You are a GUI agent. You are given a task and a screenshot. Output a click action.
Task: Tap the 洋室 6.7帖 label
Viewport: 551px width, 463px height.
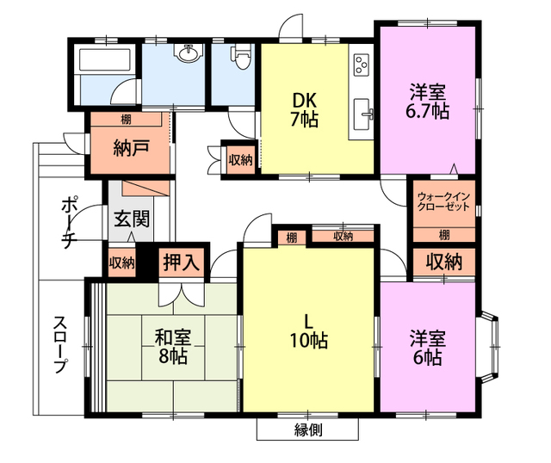(427, 101)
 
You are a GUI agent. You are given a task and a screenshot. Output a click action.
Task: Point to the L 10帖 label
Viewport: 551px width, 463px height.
(308, 331)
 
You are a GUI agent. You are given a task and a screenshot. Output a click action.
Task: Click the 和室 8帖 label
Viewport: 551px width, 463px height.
(172, 346)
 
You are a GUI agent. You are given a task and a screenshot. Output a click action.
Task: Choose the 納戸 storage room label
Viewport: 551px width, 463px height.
(131, 145)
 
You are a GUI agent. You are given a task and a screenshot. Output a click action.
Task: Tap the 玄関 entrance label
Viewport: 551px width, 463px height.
(131, 218)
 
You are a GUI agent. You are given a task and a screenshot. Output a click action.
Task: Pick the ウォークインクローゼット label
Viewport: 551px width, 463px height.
(444, 201)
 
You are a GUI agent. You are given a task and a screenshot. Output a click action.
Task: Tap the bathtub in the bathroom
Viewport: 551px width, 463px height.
(104, 61)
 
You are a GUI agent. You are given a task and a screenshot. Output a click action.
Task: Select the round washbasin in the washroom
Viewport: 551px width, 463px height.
(186, 57)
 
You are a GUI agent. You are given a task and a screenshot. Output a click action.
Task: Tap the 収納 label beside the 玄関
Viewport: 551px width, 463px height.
(121, 262)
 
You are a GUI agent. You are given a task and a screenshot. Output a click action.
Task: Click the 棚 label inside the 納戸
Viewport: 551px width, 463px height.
(127, 119)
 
